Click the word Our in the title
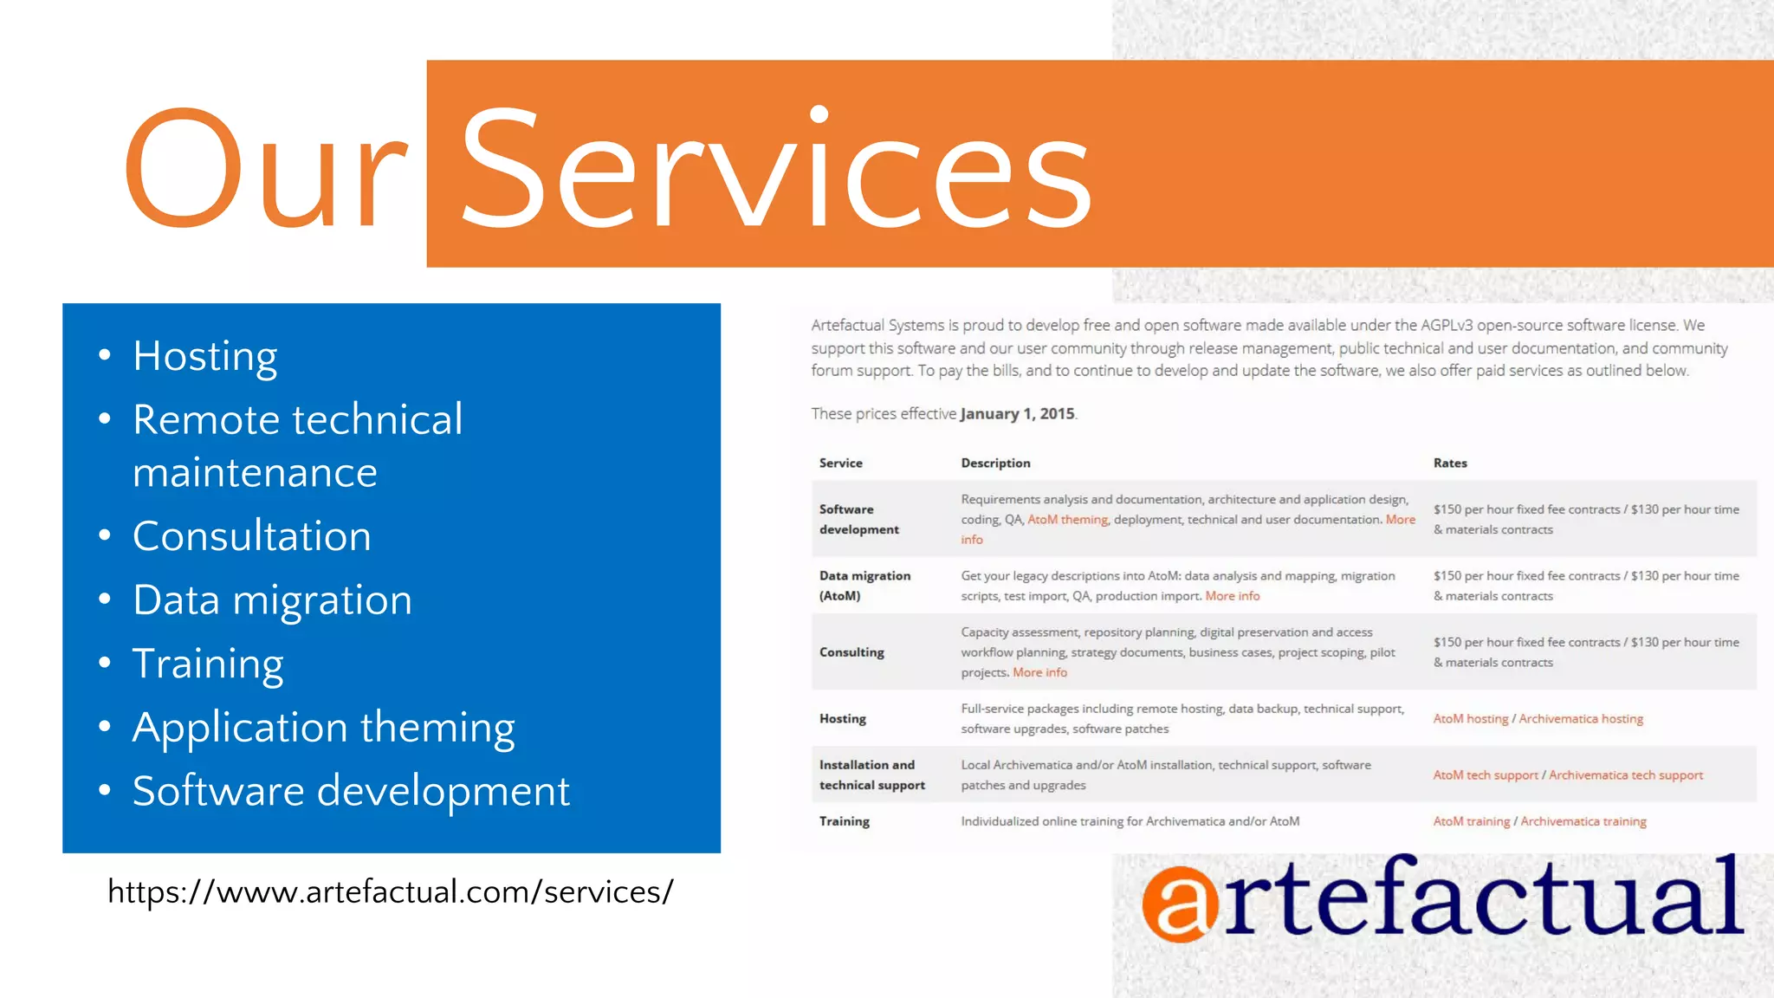(x=265, y=169)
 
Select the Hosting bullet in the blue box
(x=205, y=356)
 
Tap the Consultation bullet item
(x=251, y=536)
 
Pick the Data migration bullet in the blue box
(x=272, y=600)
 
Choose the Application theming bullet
(x=323, y=728)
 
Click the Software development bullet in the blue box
(x=351, y=791)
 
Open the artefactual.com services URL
(x=390, y=891)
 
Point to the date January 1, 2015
(x=1017, y=414)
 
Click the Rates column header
(x=1449, y=463)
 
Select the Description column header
(x=995, y=463)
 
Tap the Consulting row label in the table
(x=851, y=652)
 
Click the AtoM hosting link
(x=1470, y=719)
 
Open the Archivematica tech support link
(x=1625, y=775)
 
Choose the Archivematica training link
(x=1583, y=821)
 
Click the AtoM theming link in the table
(x=1067, y=520)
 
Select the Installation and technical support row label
(x=871, y=775)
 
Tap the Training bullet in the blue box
(x=208, y=664)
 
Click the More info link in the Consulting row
(x=1039, y=673)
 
